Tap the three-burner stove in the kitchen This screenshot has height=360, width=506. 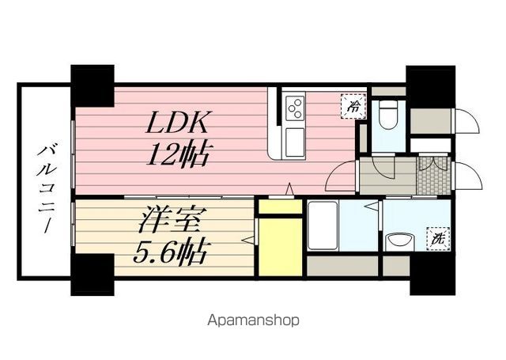tap(295, 106)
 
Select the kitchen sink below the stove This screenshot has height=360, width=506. tap(295, 142)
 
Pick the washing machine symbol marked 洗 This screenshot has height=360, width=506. tap(436, 237)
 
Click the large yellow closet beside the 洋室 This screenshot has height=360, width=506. tap(280, 245)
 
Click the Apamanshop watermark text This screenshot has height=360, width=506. tap(254, 321)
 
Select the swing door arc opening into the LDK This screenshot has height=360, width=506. tap(338, 176)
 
